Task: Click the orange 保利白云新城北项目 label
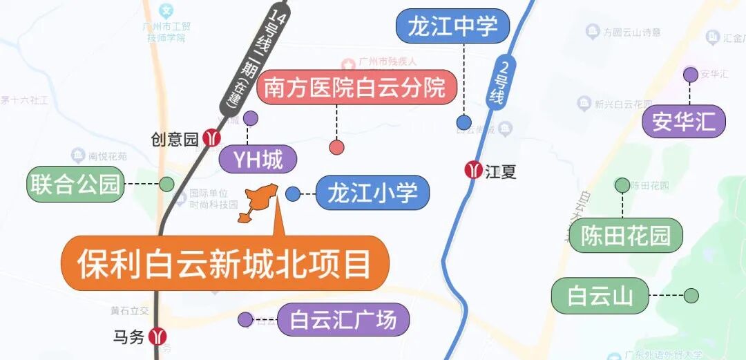point(224,263)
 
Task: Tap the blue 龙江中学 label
point(452,27)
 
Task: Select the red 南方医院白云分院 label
point(356,88)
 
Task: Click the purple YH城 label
point(258,160)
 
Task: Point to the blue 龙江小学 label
point(372,193)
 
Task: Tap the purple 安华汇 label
point(684,122)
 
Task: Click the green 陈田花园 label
point(625,235)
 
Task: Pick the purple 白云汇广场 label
point(343,320)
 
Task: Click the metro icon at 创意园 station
point(211,138)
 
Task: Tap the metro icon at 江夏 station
point(474,170)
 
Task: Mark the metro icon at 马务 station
point(158,337)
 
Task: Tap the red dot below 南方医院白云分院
point(337,146)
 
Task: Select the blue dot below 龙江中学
point(464,123)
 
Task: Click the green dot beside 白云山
point(691,296)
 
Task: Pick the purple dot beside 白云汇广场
point(245,319)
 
